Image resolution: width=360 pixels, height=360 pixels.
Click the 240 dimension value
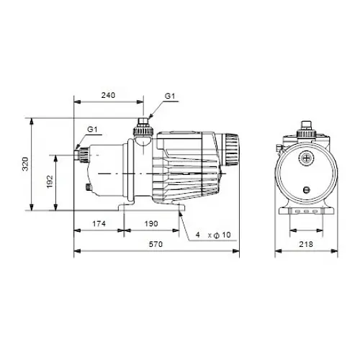click(109, 94)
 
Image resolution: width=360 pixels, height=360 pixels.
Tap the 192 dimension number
click(48, 183)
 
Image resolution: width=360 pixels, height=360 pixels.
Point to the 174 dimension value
click(99, 225)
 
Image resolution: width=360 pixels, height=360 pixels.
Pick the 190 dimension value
click(150, 225)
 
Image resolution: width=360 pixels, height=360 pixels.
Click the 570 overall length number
click(156, 246)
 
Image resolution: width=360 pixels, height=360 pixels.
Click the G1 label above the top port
click(168, 94)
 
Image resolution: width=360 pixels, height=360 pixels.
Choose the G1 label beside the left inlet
click(92, 129)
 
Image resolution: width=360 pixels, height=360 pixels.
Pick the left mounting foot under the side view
click(127, 210)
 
